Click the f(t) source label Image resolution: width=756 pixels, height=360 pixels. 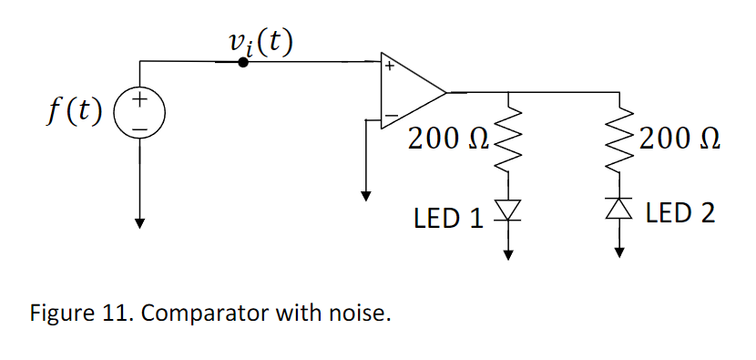pos(75,112)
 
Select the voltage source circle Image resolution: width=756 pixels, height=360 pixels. pos(139,113)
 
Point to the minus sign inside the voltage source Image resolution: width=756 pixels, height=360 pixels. pos(139,127)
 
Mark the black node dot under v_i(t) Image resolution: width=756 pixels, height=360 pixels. pos(243,62)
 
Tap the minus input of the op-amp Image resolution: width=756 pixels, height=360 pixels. pos(389,117)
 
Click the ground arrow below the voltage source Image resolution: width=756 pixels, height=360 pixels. pos(139,221)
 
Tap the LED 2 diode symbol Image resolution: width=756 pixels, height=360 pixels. pos(620,209)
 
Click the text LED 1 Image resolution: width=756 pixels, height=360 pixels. pos(448,218)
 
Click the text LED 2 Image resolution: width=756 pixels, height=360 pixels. pos(679,213)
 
